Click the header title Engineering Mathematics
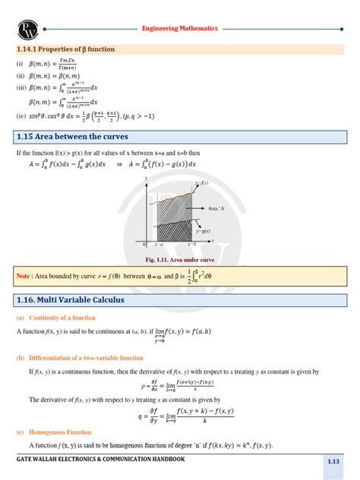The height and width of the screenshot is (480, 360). click(180, 27)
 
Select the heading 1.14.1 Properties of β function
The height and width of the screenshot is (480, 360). click(66, 49)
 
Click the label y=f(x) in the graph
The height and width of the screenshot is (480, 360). click(203, 185)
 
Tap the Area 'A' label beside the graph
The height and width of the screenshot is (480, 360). click(218, 207)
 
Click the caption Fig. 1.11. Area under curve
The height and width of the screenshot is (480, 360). click(181, 259)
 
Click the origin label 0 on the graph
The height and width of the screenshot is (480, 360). click(144, 245)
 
